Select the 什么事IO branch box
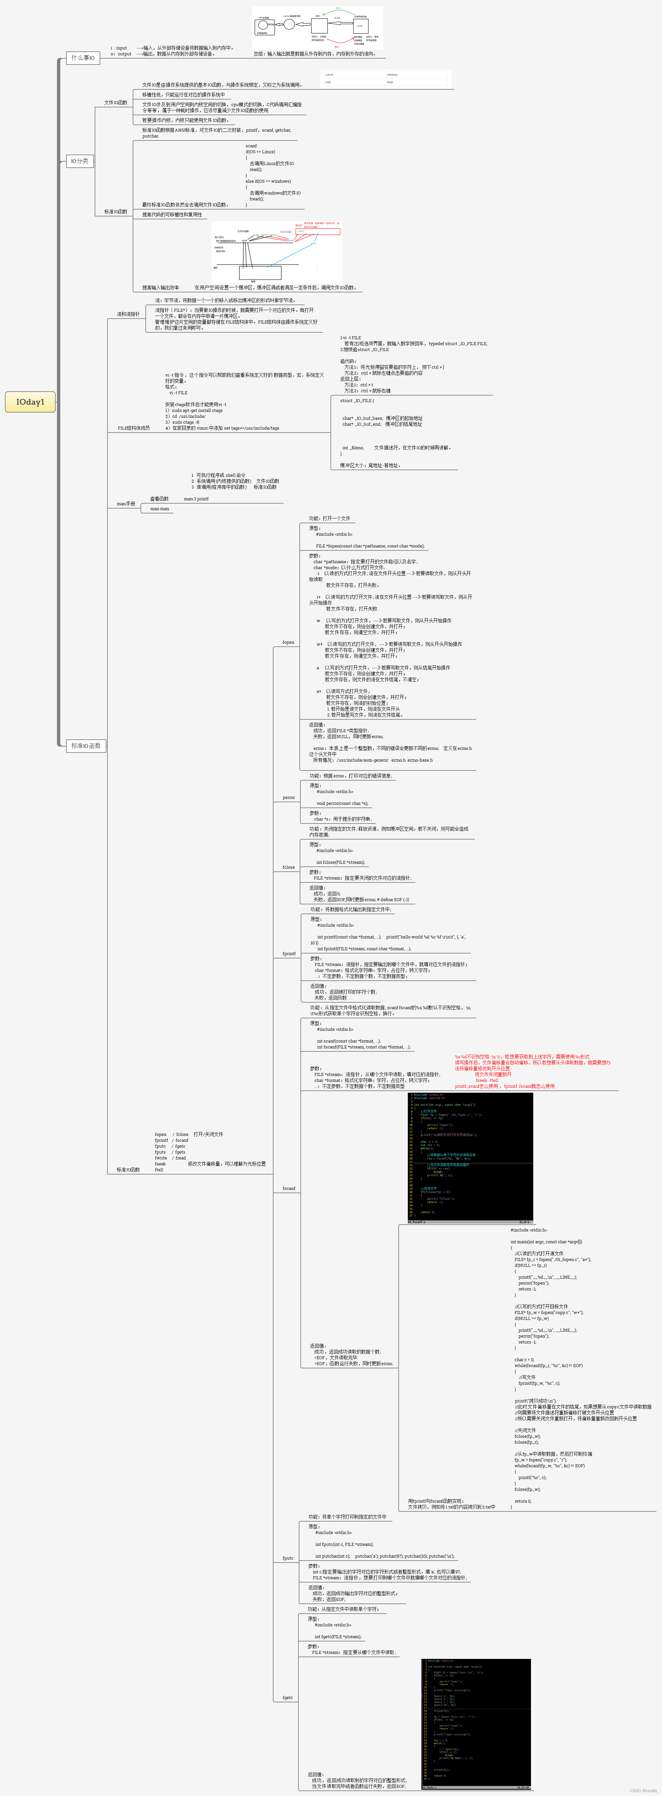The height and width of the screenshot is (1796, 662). (x=83, y=58)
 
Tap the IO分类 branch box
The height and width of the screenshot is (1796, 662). (x=80, y=161)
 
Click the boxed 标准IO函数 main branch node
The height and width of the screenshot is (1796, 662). (x=86, y=745)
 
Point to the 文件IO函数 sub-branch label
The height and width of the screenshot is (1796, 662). (x=116, y=102)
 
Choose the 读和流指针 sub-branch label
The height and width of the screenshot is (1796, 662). (x=128, y=314)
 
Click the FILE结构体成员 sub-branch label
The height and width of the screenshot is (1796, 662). (x=133, y=428)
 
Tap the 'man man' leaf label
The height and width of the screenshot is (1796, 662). (x=160, y=509)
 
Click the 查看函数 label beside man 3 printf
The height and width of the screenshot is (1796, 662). (x=159, y=498)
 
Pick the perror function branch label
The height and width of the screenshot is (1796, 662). (x=288, y=797)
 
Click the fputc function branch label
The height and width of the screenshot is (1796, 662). (x=287, y=1558)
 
